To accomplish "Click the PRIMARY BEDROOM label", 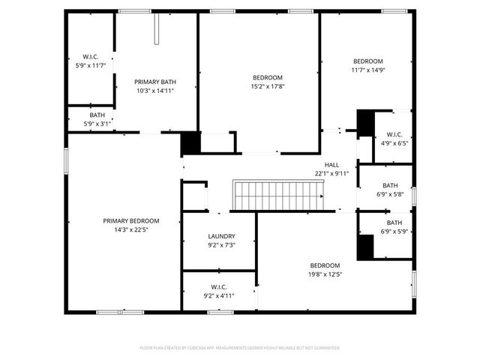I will coord(131,220).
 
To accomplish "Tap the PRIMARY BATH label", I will coord(155,82).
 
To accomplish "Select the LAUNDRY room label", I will coord(221,235).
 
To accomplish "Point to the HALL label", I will coord(331,164).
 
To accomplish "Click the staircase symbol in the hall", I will coord(277,196).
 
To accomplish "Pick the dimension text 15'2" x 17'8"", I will coord(267,86).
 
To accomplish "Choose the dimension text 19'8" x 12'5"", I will coord(325,274).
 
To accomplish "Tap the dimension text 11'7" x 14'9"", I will coord(368,70).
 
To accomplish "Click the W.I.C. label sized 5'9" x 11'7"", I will coord(91,57).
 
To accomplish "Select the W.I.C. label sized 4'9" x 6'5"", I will coord(394,134).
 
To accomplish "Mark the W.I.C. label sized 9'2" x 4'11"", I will coord(219,286).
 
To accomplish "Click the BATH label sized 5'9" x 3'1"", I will coord(97,115).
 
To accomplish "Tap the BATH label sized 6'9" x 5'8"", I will coord(390,186).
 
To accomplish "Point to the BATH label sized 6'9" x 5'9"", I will coord(394,223).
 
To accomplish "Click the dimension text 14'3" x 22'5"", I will coord(131,229).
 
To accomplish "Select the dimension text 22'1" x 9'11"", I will coord(331,173).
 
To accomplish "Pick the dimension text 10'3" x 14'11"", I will coord(155,91).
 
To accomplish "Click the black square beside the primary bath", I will coord(191,142).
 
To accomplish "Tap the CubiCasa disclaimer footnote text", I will coord(240,348).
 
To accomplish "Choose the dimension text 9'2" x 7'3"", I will coord(221,244).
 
